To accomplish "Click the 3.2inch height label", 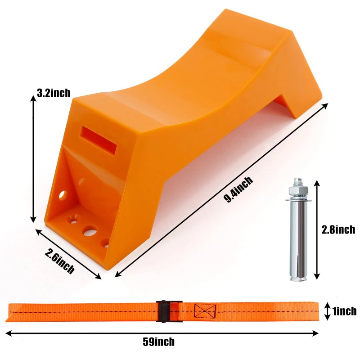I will click(x=54, y=93).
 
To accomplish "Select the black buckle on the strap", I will click(x=169, y=311).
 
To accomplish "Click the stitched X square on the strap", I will click(x=205, y=310).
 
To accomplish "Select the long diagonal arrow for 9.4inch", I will click(x=220, y=189).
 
